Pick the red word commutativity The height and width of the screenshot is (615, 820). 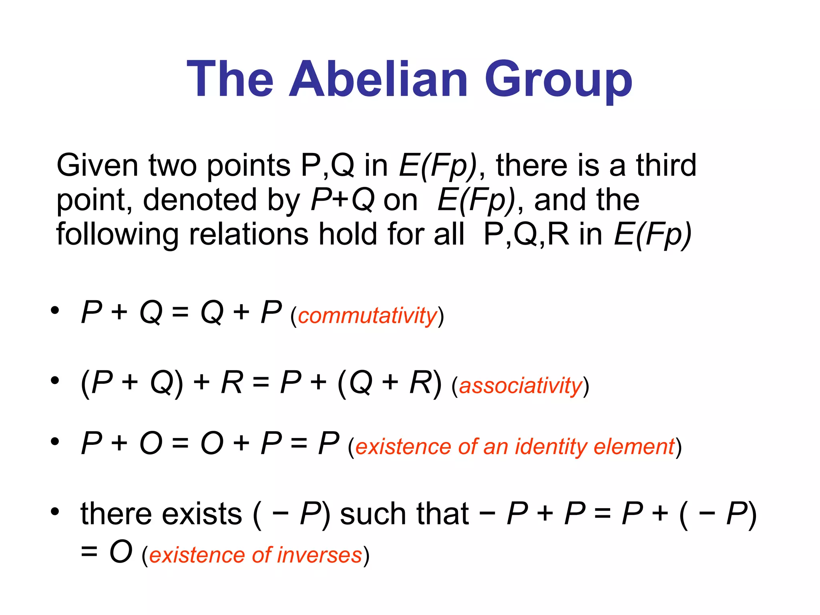tap(367, 316)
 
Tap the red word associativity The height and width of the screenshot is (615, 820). tap(520, 386)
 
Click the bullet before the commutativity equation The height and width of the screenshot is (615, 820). tap(55, 310)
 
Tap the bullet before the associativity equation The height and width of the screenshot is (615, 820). tap(55, 380)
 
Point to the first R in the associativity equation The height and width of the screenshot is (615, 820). tap(232, 382)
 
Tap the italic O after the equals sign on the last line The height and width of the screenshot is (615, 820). tap(121, 552)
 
